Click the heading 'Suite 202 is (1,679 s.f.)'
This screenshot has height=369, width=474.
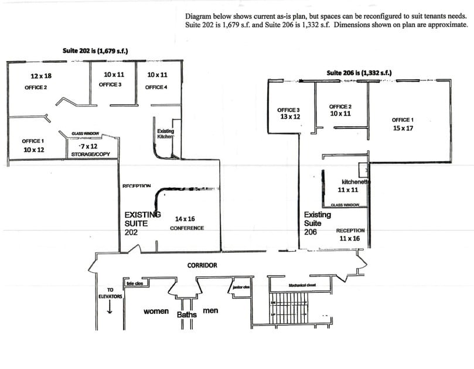click(x=96, y=52)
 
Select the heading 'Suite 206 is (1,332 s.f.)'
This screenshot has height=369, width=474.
click(x=359, y=73)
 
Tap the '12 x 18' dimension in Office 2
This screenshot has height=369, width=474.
click(x=41, y=76)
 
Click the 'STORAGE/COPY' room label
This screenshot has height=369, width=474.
click(x=86, y=154)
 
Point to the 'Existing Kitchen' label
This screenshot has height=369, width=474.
click(x=165, y=134)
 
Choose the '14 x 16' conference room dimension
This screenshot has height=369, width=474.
click(x=185, y=219)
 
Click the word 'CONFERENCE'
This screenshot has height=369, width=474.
click(x=187, y=228)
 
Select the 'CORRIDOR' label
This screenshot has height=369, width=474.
click(x=202, y=265)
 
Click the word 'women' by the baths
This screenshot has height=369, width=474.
click(x=156, y=311)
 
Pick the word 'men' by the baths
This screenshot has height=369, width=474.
click(x=210, y=310)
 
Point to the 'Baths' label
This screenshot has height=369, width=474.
click(x=187, y=314)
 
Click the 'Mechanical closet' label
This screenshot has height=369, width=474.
click(x=302, y=286)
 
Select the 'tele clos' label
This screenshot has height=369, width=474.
click(x=135, y=283)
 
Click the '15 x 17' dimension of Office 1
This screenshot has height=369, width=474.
click(x=403, y=128)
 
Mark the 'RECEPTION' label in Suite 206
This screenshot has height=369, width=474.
click(x=350, y=231)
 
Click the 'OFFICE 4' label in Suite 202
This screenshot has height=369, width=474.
click(x=156, y=87)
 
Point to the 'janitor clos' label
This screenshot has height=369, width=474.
click(x=241, y=287)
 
